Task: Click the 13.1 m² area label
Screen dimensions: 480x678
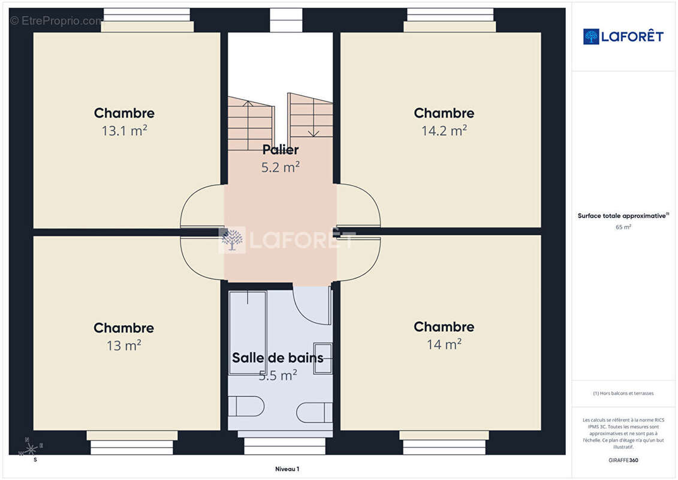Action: point(124,131)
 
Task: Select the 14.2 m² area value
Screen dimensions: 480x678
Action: point(444,130)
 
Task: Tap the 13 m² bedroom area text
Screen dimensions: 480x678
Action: point(123,346)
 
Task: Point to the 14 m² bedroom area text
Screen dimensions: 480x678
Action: point(444,344)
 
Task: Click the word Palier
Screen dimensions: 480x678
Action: point(280,150)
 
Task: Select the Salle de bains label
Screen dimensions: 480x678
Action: point(278,358)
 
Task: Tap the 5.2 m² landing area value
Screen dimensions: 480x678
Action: point(280,167)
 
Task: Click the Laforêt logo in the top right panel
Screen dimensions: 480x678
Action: point(623,37)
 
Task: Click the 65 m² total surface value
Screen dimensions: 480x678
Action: point(623,227)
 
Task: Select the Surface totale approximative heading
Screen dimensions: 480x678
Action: point(623,216)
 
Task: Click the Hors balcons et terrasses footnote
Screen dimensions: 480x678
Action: point(623,394)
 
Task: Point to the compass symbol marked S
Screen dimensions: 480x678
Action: point(30,448)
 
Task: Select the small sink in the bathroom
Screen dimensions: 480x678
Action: point(323,358)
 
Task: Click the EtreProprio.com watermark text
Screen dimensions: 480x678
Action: point(57,21)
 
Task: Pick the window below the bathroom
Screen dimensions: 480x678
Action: point(280,446)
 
